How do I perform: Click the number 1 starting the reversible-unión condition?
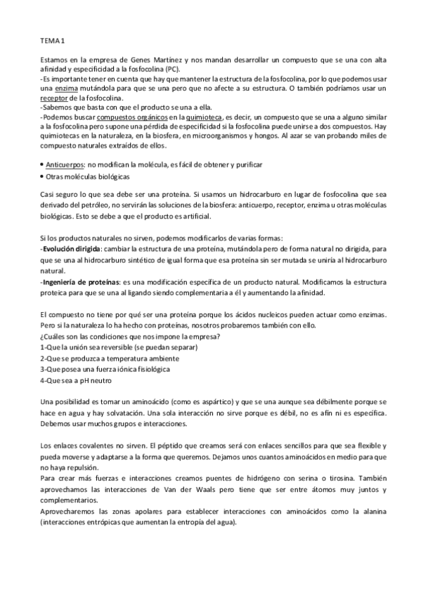pos(43,348)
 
